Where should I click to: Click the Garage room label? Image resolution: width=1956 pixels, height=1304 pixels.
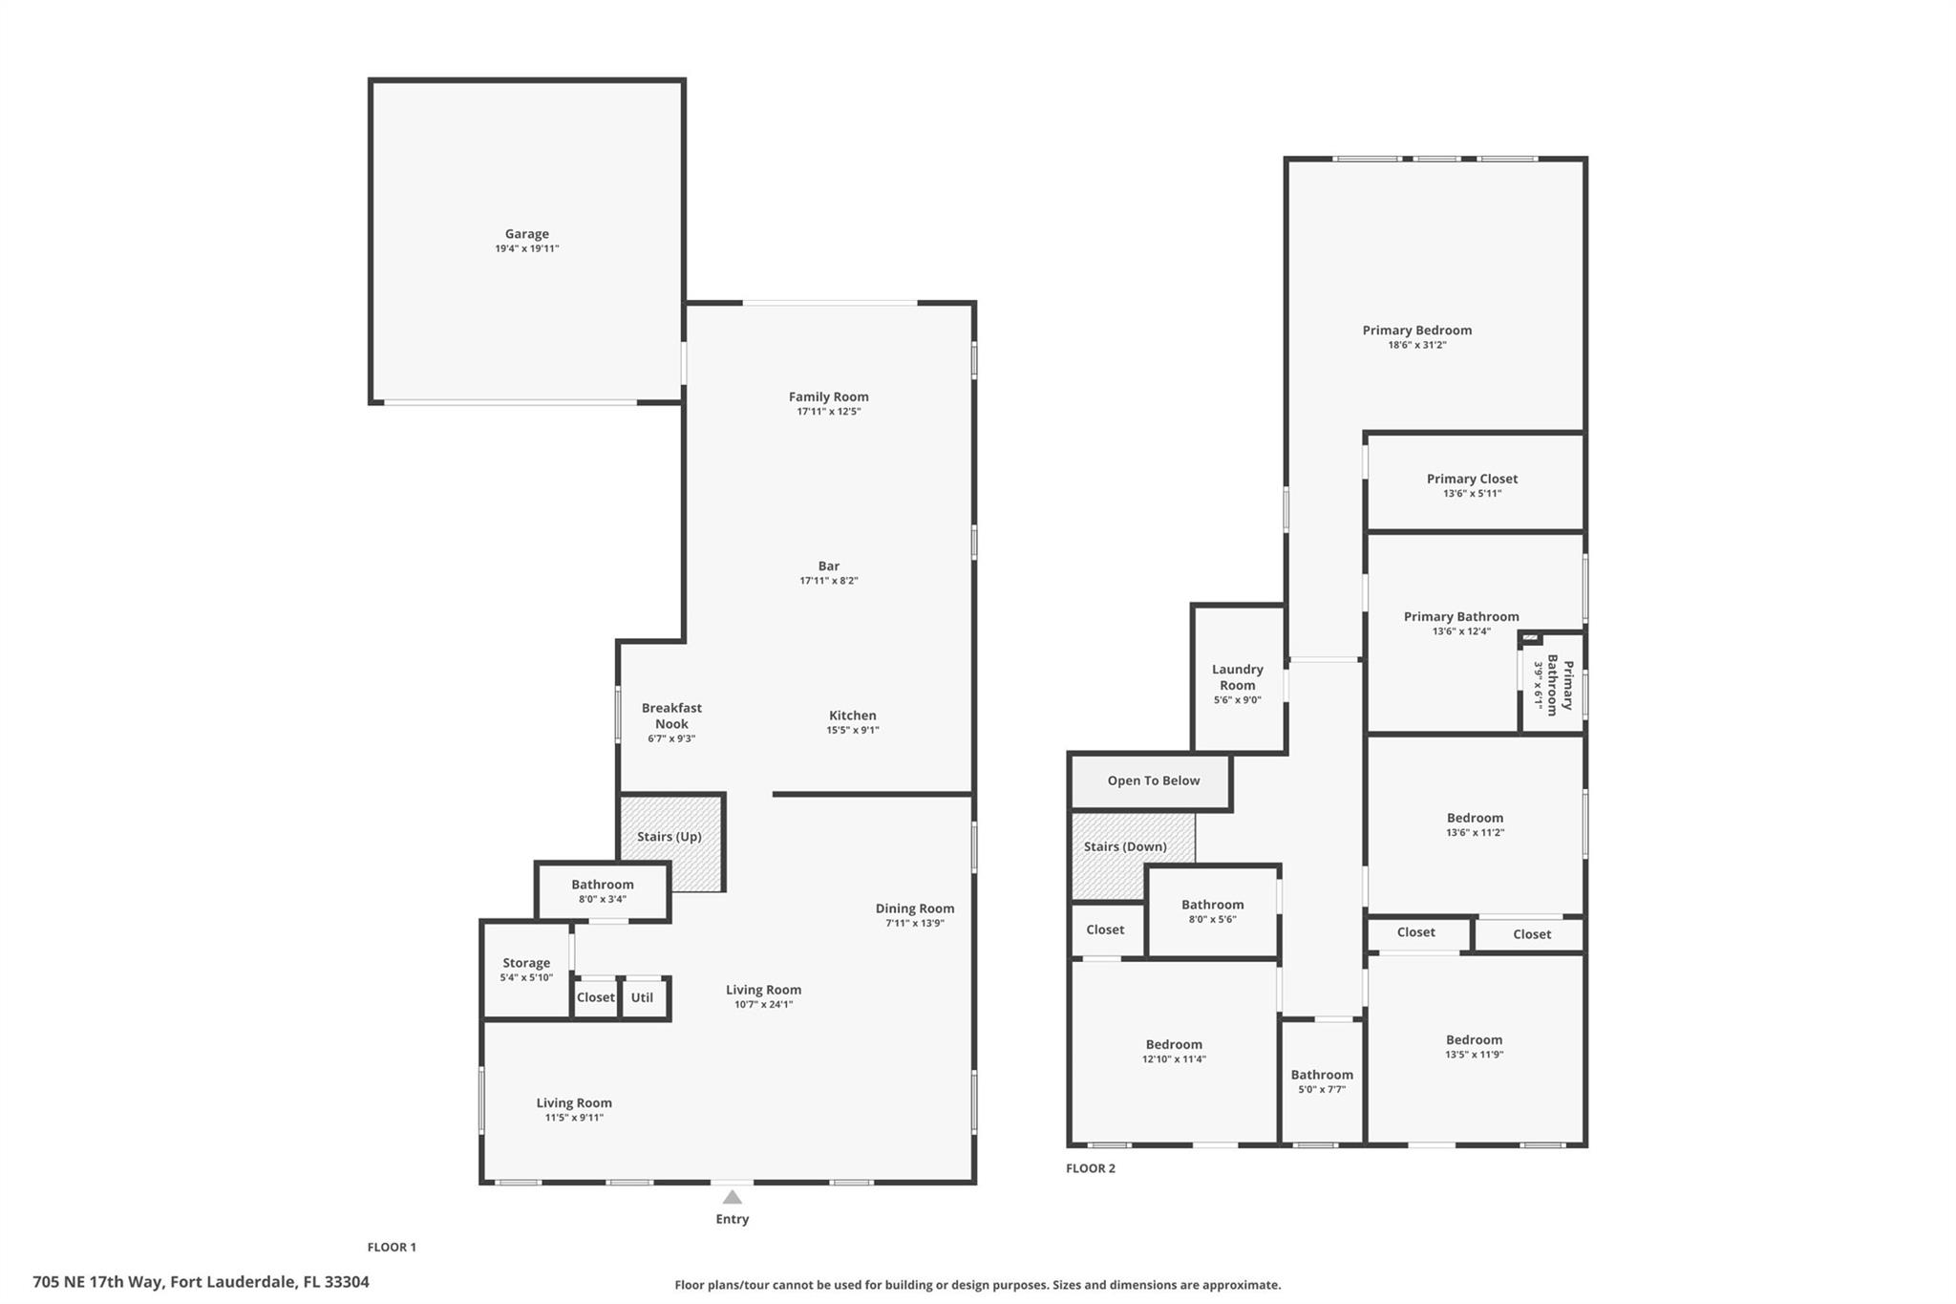click(526, 234)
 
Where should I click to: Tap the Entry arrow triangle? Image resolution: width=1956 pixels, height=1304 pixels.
click(732, 1197)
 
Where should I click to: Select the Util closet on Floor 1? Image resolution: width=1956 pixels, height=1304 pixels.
click(643, 997)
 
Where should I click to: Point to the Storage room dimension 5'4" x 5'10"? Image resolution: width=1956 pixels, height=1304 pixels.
click(526, 977)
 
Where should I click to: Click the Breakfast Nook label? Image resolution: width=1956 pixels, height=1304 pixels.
click(671, 716)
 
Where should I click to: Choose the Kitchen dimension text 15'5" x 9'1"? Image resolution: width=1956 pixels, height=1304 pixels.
click(852, 730)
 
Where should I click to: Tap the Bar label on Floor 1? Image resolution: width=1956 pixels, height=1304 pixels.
click(828, 566)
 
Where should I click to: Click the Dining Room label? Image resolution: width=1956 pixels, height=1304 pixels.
click(914, 909)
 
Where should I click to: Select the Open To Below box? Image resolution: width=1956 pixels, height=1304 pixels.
click(1153, 780)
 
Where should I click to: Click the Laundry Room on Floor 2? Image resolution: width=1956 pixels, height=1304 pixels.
click(1237, 677)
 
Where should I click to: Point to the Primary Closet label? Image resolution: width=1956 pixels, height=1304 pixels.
click(1472, 479)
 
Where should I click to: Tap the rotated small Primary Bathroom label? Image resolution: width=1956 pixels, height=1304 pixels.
click(1553, 685)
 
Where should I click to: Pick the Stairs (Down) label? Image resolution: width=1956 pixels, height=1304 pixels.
click(1125, 846)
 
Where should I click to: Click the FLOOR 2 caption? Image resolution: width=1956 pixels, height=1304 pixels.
click(1090, 1168)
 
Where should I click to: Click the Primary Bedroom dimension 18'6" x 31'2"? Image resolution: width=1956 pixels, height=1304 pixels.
click(1416, 345)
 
